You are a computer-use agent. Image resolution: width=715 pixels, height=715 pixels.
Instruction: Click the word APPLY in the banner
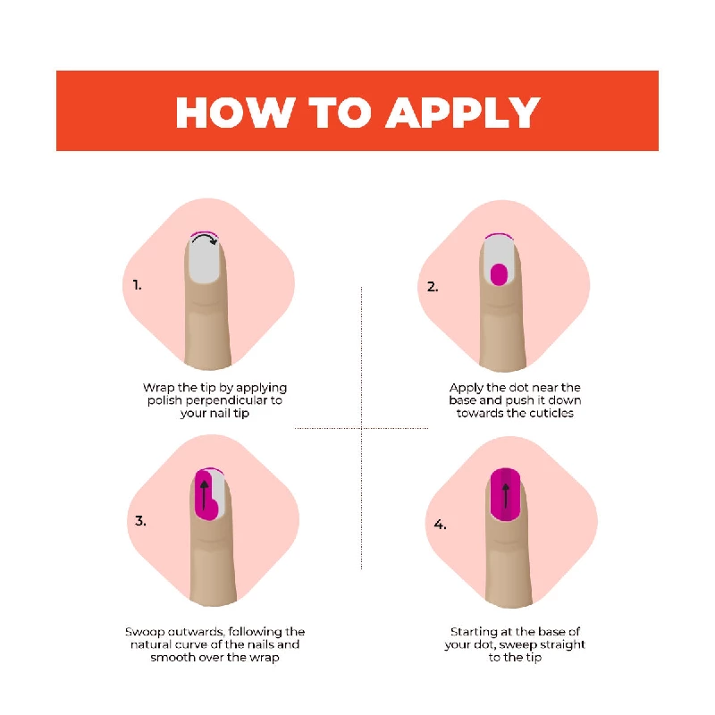point(463,113)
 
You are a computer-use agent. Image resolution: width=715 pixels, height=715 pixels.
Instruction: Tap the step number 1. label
point(138,285)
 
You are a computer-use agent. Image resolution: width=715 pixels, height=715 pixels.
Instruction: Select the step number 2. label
point(433,287)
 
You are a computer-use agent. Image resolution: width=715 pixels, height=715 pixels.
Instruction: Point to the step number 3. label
point(140,521)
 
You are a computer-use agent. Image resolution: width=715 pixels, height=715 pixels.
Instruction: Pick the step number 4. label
point(440,525)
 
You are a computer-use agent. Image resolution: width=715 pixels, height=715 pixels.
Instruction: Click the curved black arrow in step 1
point(206,238)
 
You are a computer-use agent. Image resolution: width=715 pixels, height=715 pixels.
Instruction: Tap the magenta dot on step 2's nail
point(499,274)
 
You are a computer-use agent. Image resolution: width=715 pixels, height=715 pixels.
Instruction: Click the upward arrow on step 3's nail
point(205,495)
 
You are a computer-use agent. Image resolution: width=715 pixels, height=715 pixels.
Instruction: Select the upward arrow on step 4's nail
point(505,496)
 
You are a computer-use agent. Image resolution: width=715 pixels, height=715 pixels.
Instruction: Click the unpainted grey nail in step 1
point(206,260)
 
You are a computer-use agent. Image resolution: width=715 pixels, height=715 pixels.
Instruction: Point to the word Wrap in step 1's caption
point(159,388)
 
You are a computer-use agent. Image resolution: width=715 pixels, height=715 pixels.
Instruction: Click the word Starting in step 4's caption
point(474,632)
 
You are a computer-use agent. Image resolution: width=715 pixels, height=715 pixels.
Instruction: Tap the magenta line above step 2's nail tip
point(500,235)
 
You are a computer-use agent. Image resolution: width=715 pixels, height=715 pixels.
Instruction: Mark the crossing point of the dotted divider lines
point(362,428)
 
